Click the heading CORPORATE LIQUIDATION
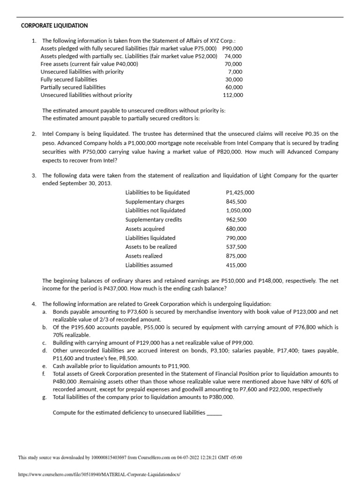pyautogui.click(x=54, y=25)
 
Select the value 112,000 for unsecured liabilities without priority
pyautogui.click(x=233, y=95)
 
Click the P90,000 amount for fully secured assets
pyautogui.click(x=232, y=48)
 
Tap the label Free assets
pyautogui.click(x=55, y=64)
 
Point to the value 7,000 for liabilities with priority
pyautogui.click(x=235, y=72)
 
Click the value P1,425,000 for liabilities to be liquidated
pyautogui.click(x=240, y=193)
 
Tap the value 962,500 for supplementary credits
pyautogui.click(x=236, y=220)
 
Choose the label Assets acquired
pyautogui.click(x=145, y=229)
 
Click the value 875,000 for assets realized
pyautogui.click(x=236, y=256)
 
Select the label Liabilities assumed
pyautogui.click(x=149, y=265)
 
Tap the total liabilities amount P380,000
pyautogui.click(x=218, y=397)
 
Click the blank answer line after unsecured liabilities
pyautogui.click(x=214, y=413)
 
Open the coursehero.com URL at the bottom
pyautogui.click(x=99, y=474)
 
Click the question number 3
pyautogui.click(x=34, y=175)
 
